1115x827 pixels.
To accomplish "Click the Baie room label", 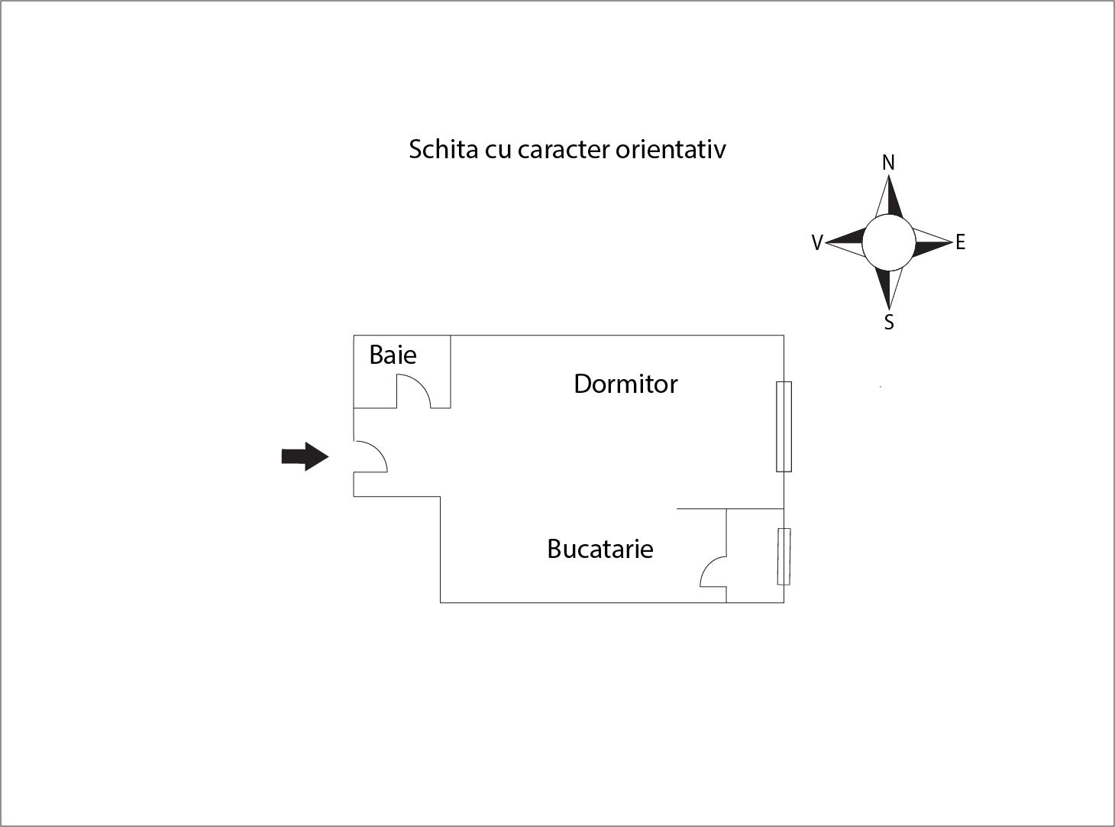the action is click(x=393, y=355).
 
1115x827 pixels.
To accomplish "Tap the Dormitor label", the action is click(x=625, y=384).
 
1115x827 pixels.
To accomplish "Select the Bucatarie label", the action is click(x=600, y=549).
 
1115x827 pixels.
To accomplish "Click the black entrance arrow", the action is click(x=305, y=456).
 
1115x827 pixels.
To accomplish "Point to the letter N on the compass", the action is click(x=888, y=163).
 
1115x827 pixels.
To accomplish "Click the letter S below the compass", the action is click(x=889, y=322).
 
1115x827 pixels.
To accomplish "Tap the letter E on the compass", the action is click(x=960, y=242).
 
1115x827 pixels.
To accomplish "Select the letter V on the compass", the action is click(x=817, y=242).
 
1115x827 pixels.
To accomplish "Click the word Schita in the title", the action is click(x=444, y=149).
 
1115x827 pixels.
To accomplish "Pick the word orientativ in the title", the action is click(x=671, y=150).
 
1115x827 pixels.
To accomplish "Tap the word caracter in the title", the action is click(x=564, y=150).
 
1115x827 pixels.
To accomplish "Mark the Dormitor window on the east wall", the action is click(x=784, y=426).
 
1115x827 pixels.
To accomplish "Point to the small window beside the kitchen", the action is click(x=784, y=556).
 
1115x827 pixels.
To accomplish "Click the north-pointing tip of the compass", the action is click(x=888, y=175).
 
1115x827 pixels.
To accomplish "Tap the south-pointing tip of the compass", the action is click(x=889, y=309).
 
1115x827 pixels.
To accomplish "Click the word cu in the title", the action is click(x=498, y=151).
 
